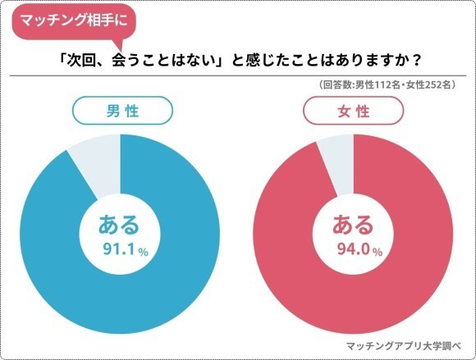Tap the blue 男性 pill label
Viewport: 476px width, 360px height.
click(x=121, y=110)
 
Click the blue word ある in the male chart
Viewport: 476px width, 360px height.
click(x=120, y=224)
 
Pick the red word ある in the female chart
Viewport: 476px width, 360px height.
click(x=354, y=224)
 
